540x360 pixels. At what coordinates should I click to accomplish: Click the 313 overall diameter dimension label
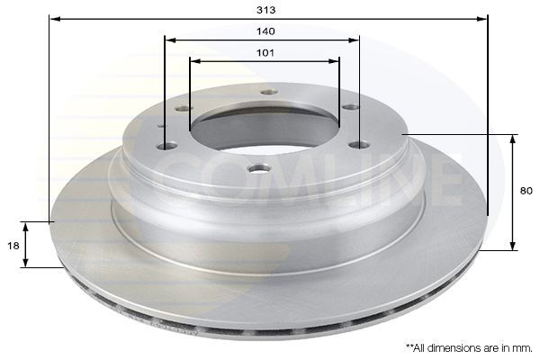pyautogui.click(x=265, y=10)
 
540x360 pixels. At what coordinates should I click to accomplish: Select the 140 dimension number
pyautogui.click(x=265, y=31)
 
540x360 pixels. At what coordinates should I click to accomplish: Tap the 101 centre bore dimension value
pyautogui.click(x=265, y=53)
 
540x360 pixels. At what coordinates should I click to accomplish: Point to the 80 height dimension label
pyautogui.click(x=526, y=191)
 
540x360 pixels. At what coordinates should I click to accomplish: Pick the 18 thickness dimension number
pyautogui.click(x=13, y=246)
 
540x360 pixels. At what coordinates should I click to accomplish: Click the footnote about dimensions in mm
pyautogui.click(x=469, y=348)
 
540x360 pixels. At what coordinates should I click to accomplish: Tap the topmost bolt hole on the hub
pyautogui.click(x=269, y=93)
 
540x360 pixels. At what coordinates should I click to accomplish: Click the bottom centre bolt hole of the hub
pyautogui.click(x=260, y=169)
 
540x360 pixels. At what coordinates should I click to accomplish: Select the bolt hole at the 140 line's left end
pyautogui.click(x=166, y=147)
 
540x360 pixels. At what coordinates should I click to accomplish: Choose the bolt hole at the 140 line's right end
pyautogui.click(x=358, y=146)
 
